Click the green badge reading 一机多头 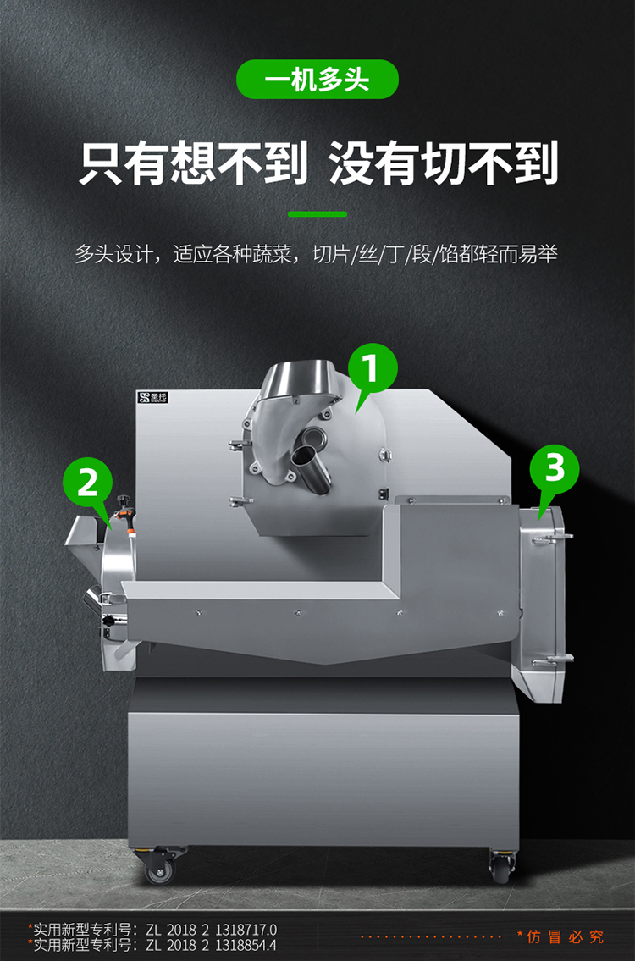317,80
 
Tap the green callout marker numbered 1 372,370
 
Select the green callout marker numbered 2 88,483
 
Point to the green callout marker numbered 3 554,469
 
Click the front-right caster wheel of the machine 500,868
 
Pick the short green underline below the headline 317,214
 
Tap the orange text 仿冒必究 565,936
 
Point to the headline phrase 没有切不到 444,163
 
